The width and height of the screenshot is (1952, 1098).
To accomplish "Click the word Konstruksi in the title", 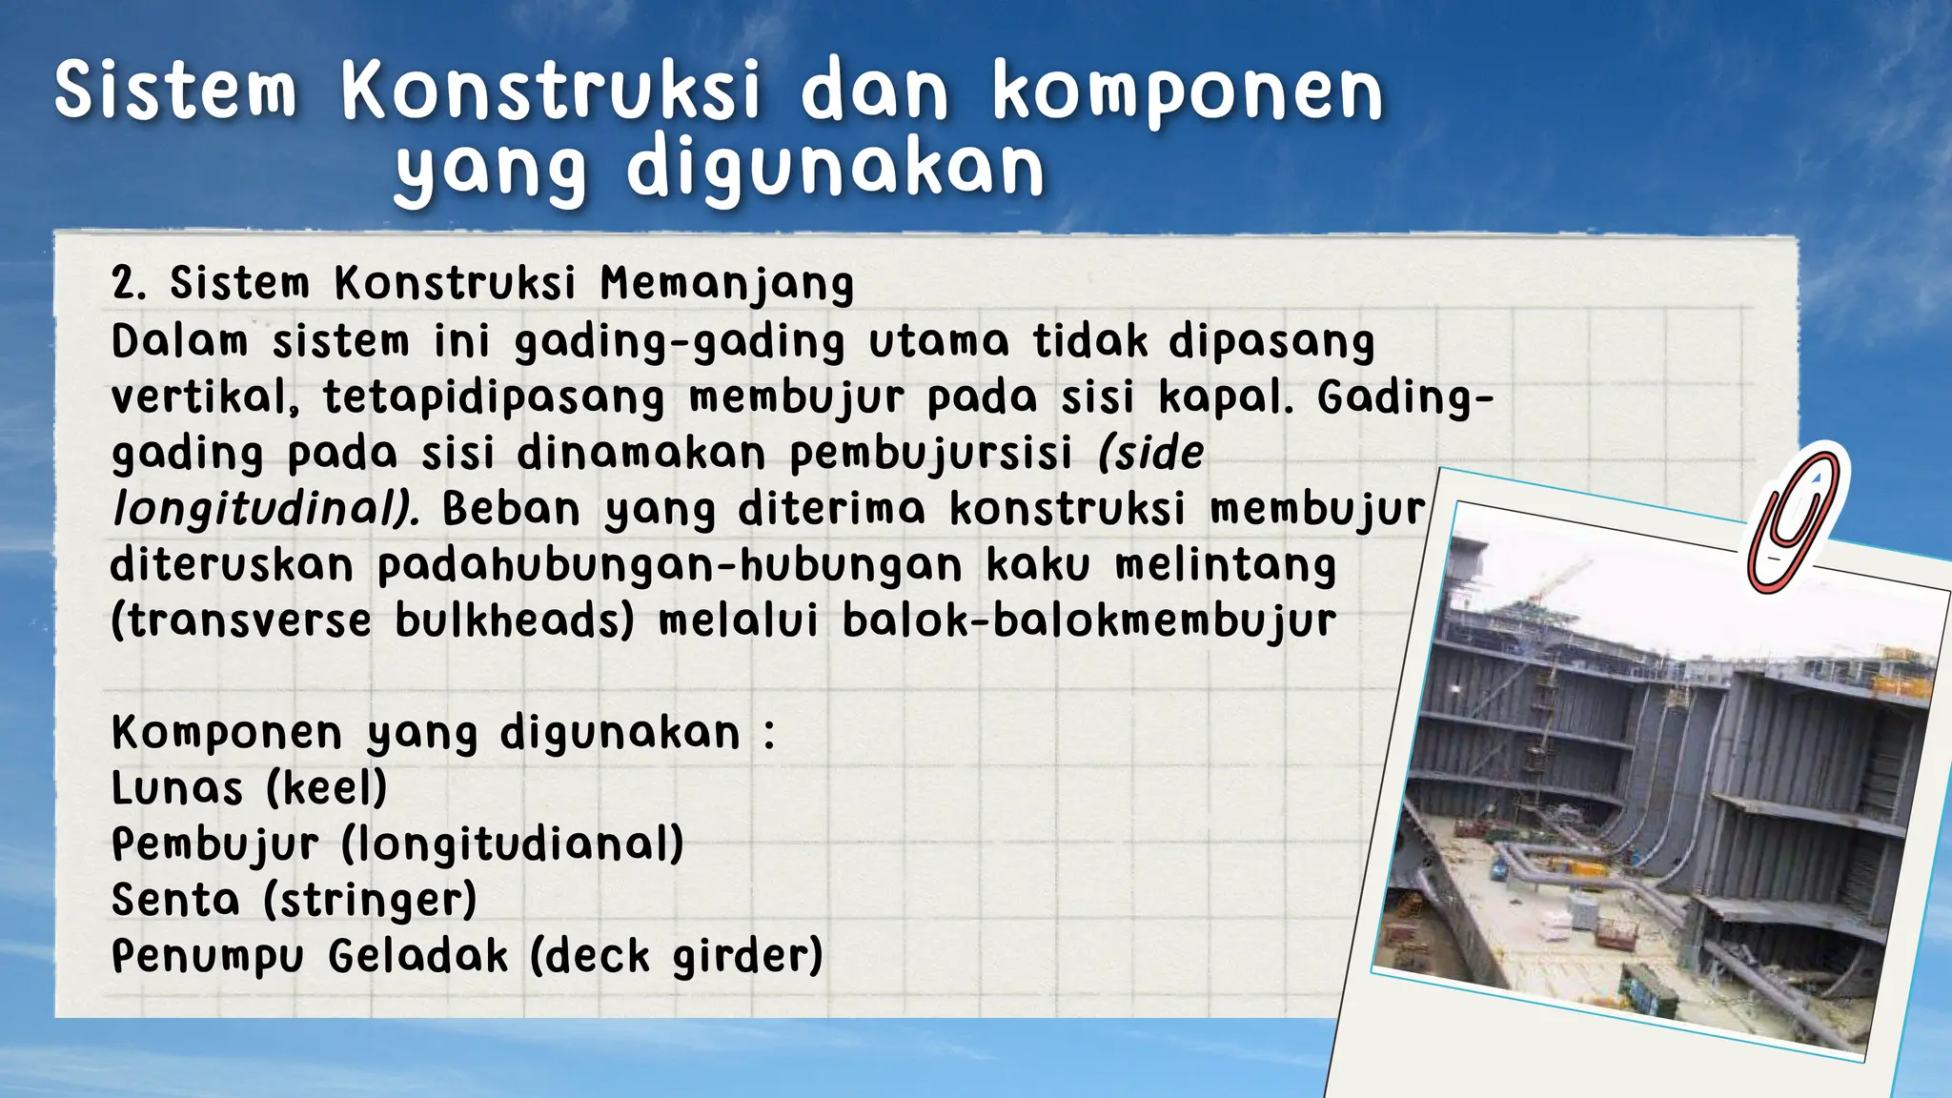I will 552,92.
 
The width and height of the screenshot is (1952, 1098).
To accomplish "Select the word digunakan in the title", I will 836,171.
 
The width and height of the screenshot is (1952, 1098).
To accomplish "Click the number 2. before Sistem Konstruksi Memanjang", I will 129,284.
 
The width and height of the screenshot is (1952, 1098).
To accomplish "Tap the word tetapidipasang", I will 494,398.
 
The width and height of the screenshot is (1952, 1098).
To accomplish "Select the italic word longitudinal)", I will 266,509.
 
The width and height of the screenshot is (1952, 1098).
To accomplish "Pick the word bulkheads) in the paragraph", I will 515,621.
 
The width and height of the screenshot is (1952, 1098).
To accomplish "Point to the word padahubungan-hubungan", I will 670,566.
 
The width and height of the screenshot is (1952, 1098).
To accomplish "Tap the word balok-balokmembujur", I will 1089,621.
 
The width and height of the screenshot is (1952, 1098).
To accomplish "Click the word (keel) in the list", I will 326,788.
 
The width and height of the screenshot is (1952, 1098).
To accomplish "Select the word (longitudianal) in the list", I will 512,844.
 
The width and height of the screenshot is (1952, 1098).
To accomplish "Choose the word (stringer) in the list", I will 370,901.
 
